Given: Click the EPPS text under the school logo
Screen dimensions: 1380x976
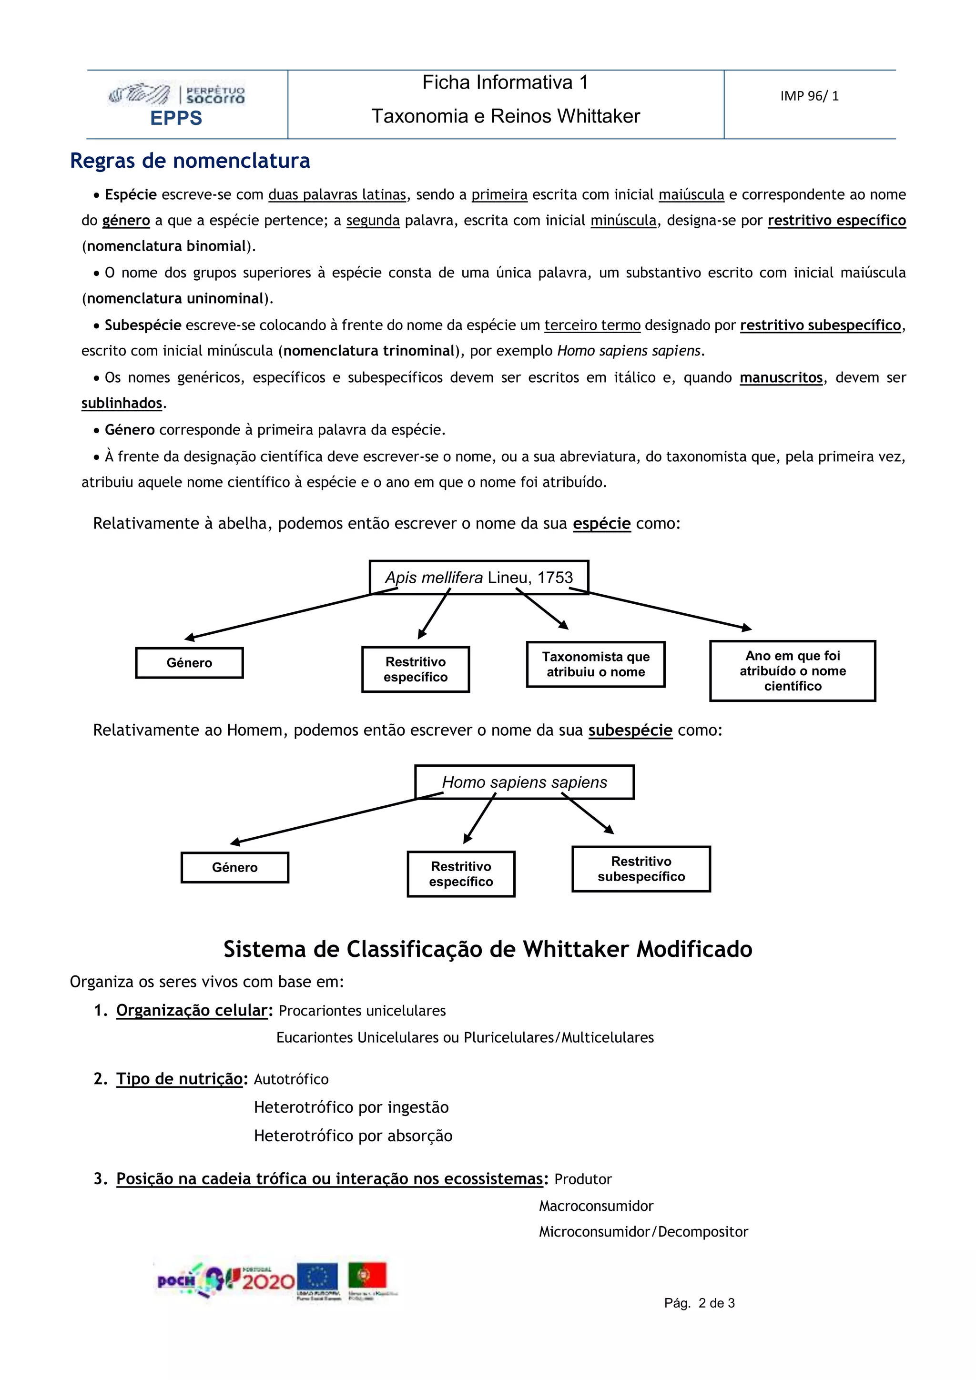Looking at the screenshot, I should pyautogui.click(x=176, y=118).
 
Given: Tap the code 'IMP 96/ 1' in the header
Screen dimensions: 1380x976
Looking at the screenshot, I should pyautogui.click(x=809, y=96).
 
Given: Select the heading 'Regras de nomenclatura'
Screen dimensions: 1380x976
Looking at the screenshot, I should pyautogui.click(x=190, y=161).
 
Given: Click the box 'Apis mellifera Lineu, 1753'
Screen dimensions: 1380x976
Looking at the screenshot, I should pyautogui.click(x=479, y=578).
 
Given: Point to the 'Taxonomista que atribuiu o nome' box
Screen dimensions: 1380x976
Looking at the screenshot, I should pyautogui.click(x=596, y=664).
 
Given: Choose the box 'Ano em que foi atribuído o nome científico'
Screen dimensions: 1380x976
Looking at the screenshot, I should pyautogui.click(x=792, y=671).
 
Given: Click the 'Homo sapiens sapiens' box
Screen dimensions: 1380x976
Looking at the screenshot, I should pyautogui.click(x=524, y=782).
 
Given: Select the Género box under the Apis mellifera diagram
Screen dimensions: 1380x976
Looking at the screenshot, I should pyautogui.click(x=189, y=663).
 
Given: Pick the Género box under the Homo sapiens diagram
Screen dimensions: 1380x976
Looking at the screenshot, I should pyautogui.click(x=234, y=867).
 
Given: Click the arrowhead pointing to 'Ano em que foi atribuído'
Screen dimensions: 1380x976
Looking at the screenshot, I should pyautogui.click(x=747, y=628).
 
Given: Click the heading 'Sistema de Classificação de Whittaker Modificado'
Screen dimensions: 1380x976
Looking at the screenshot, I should pyautogui.click(x=488, y=949).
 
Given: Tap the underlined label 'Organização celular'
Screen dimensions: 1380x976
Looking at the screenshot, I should pyautogui.click(x=192, y=1010).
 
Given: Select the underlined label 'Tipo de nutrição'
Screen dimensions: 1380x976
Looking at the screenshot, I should pyautogui.click(x=179, y=1079).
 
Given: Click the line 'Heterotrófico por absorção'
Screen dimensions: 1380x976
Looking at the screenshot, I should pyautogui.click(x=353, y=1136).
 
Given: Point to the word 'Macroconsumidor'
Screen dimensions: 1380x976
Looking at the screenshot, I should pyautogui.click(x=596, y=1206).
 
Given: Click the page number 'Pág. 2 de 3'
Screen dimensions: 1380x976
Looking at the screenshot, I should pyautogui.click(x=699, y=1303).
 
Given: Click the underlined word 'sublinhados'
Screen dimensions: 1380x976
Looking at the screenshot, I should pyautogui.click(x=122, y=403).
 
